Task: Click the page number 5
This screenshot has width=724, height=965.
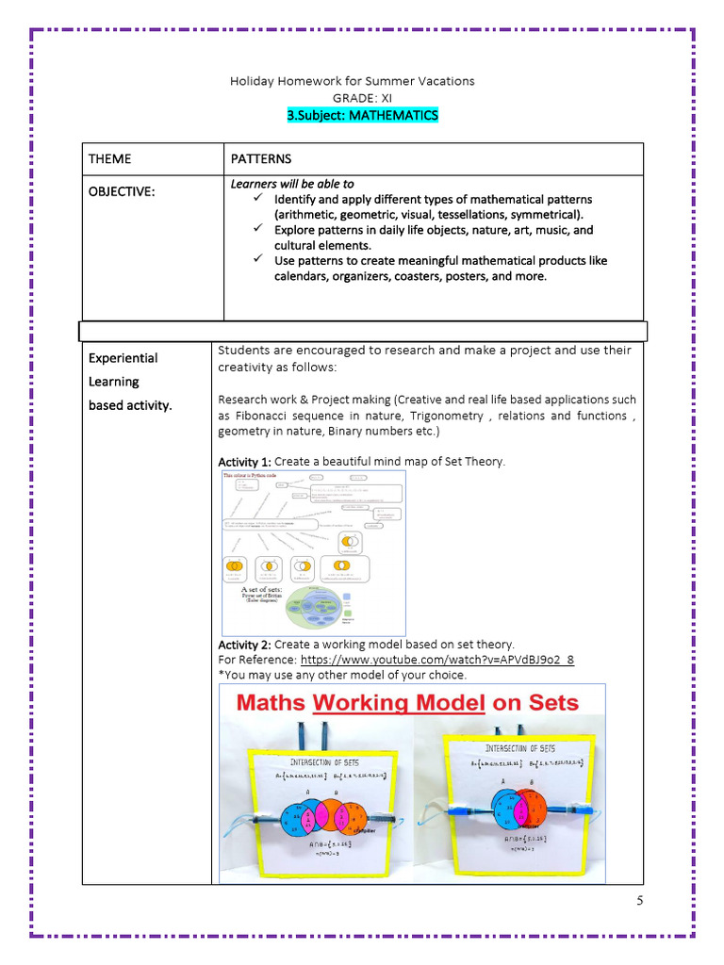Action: [639, 901]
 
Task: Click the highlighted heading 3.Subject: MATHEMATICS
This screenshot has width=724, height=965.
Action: [362, 115]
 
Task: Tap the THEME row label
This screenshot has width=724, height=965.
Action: [110, 158]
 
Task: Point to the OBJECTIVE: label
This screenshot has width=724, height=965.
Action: [122, 191]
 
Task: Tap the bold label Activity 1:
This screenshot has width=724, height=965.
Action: [244, 462]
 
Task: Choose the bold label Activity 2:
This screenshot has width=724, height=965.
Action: [244, 645]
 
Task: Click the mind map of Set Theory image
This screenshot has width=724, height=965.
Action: [313, 553]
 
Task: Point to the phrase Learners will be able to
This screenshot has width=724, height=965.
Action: [292, 184]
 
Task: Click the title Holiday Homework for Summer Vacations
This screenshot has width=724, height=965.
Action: [353, 81]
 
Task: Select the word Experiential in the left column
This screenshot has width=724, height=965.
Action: [123, 358]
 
